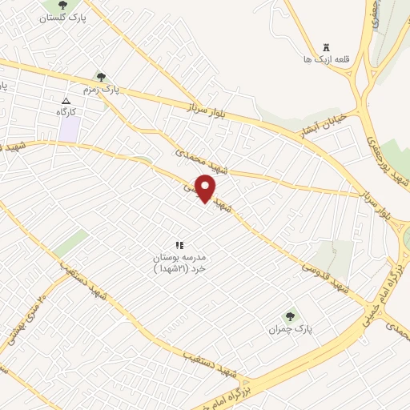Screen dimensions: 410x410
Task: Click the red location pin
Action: pyautogui.click(x=207, y=188)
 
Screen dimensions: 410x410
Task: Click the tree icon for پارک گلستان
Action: pyautogui.click(x=62, y=6)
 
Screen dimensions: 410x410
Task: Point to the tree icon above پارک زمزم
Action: pyautogui.click(x=100, y=77)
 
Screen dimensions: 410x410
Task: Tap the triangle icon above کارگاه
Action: pyautogui.click(x=66, y=101)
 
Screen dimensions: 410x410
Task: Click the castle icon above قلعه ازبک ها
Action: pyautogui.click(x=325, y=47)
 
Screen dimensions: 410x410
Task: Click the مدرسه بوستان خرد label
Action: pyautogui.click(x=179, y=263)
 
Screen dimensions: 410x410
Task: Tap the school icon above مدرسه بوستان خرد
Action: pyautogui.click(x=179, y=244)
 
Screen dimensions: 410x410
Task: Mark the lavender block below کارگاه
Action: pyautogui.click(x=69, y=130)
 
